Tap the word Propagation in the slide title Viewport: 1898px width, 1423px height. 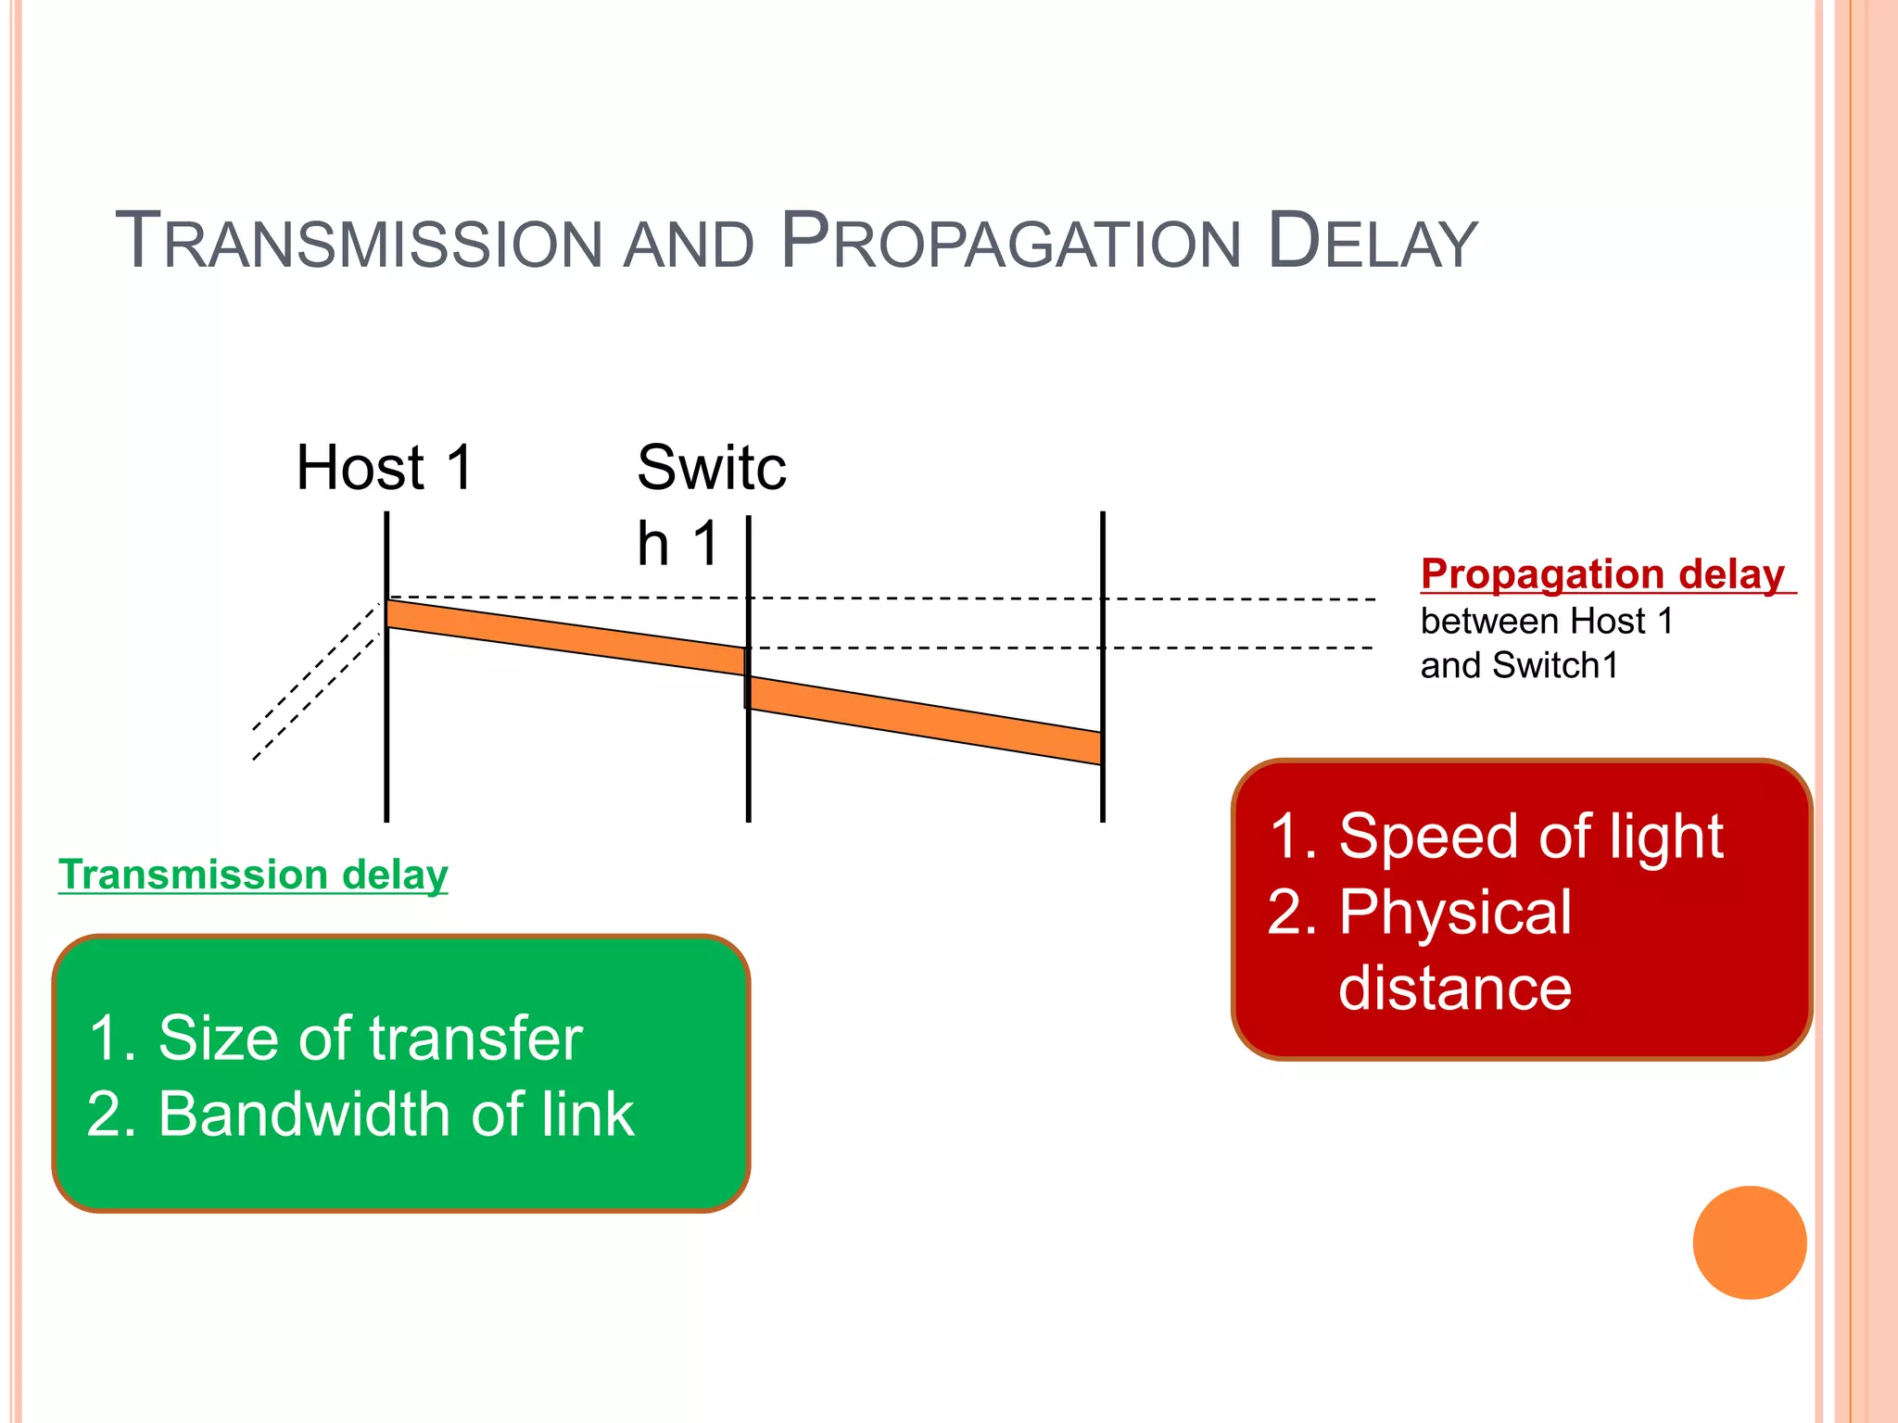(x=1010, y=243)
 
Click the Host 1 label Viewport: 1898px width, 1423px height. (x=385, y=467)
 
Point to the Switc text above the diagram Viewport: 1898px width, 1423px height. (x=711, y=467)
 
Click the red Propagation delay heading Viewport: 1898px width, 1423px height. (x=1602, y=574)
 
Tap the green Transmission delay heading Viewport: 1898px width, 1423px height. (x=253, y=875)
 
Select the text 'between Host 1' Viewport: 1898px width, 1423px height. (x=1547, y=621)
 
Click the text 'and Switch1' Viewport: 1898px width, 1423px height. (x=1519, y=665)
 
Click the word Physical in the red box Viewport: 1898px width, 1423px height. (x=1455, y=913)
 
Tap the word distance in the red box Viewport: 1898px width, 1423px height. (x=1455, y=989)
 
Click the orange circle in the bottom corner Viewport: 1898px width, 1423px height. (x=1749, y=1242)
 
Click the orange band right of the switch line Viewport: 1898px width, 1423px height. (x=927, y=721)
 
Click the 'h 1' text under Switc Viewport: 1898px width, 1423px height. (x=677, y=543)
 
